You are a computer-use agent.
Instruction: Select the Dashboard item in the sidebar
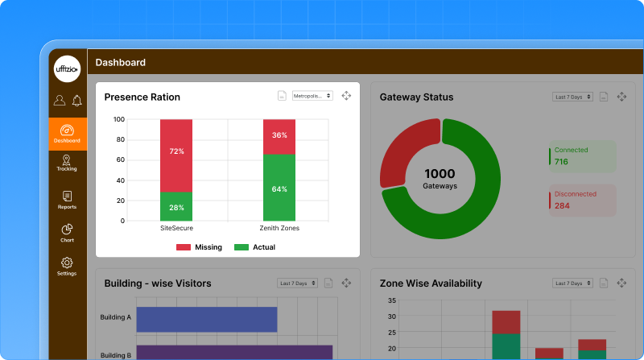coord(68,133)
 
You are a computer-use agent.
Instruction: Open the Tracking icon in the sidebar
coord(67,163)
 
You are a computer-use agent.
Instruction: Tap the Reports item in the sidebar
coord(67,200)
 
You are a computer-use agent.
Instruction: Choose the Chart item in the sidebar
coord(67,233)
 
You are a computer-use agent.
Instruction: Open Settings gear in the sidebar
coord(67,266)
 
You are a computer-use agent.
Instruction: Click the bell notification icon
coord(77,101)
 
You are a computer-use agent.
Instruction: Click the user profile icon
coord(60,101)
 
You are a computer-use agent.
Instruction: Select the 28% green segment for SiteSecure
coord(176,206)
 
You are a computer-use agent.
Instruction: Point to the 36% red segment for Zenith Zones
coord(279,136)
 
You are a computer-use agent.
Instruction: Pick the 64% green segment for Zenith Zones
coord(279,188)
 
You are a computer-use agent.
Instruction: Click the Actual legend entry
coord(254,247)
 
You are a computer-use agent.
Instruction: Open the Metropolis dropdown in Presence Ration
coord(312,96)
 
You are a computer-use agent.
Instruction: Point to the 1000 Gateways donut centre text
coord(440,178)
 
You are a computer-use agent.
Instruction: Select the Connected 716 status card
coord(582,156)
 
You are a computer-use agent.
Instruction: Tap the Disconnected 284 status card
coord(582,200)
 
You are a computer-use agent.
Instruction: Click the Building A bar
coord(206,319)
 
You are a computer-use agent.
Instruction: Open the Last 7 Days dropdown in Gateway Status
coord(572,97)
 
